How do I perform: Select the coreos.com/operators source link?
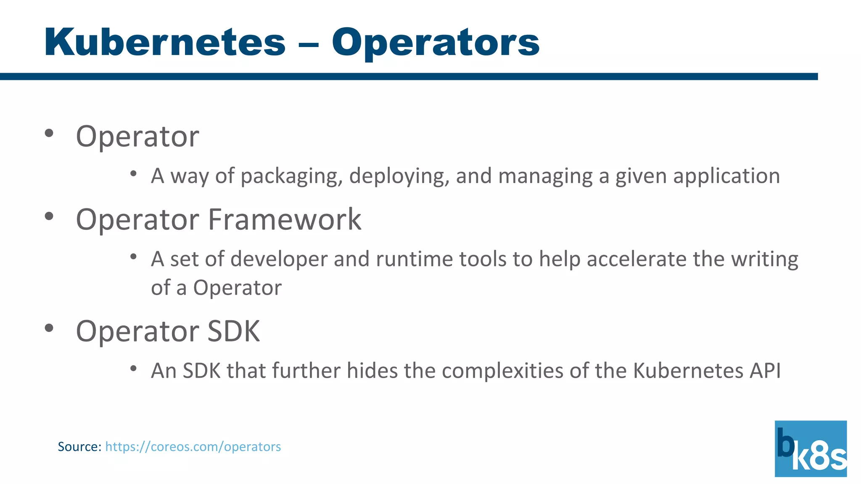pos(193,446)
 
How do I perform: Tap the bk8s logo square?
pos(811,448)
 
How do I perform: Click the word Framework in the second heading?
pos(285,219)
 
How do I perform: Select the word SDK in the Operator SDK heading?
pos(234,331)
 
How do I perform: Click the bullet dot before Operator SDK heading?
pos(49,328)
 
